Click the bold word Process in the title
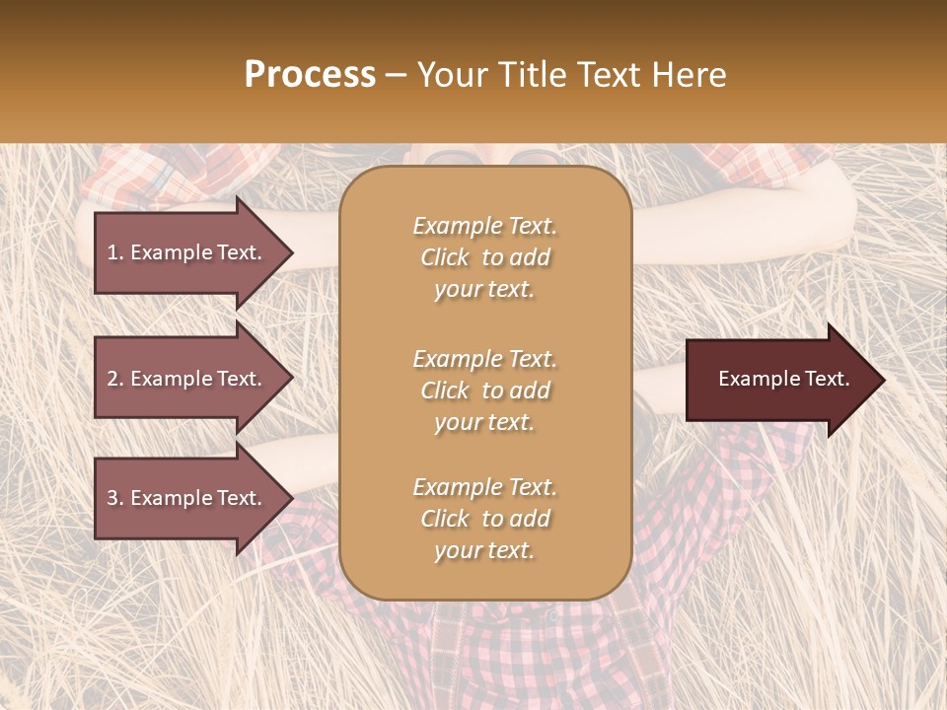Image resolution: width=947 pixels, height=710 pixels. [x=310, y=75]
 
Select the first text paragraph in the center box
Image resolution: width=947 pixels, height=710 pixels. [x=484, y=257]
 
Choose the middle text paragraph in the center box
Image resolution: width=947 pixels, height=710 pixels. [x=484, y=390]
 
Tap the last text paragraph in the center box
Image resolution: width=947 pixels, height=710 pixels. [x=484, y=519]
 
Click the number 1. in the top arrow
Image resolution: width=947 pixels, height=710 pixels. [x=115, y=252]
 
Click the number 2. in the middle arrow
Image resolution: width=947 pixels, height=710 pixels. [x=115, y=379]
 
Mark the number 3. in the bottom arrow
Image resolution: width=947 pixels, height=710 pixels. [x=115, y=498]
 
